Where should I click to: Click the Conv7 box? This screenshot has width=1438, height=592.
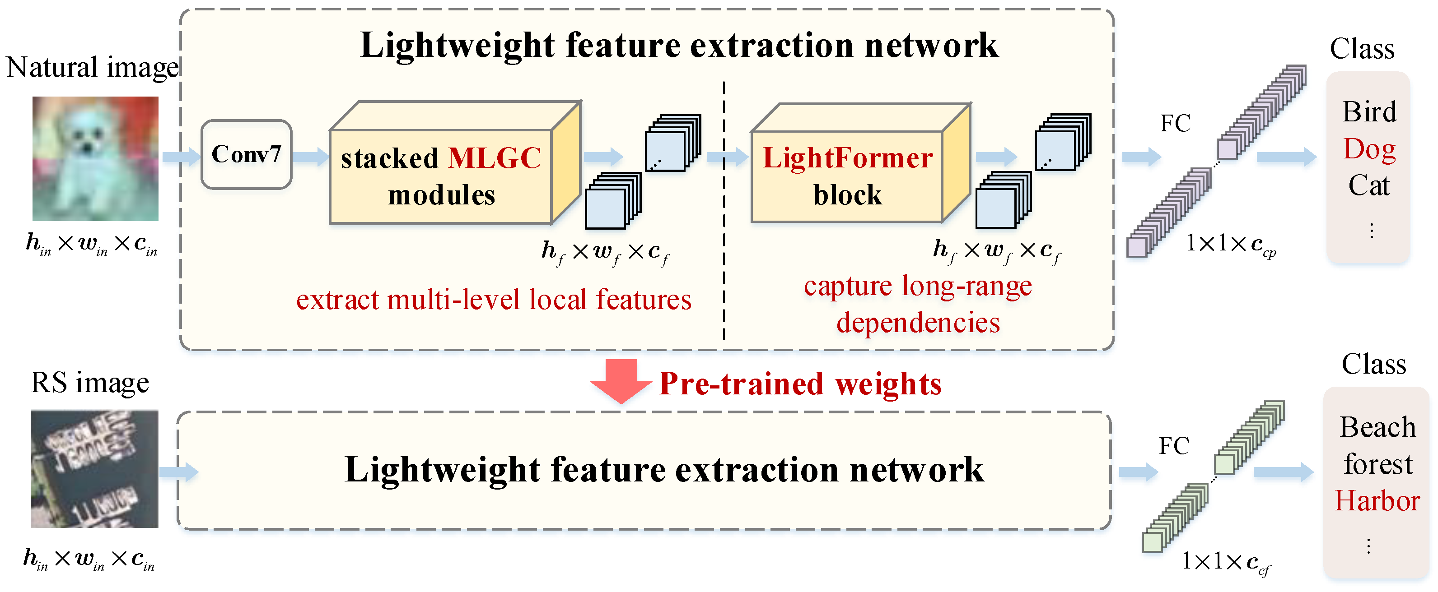(x=246, y=155)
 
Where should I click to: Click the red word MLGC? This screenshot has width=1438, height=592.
(x=494, y=158)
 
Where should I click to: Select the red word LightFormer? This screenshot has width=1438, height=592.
(x=847, y=158)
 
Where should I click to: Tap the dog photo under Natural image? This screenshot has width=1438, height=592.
(x=95, y=158)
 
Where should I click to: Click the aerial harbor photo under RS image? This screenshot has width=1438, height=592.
(x=94, y=469)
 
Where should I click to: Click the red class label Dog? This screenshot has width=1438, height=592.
(x=1369, y=149)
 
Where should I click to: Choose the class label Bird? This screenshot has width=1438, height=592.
(x=1369, y=112)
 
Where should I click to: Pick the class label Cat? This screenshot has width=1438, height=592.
(x=1369, y=185)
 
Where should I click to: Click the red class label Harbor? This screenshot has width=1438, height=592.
(x=1377, y=500)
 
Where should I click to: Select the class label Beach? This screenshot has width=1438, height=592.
(x=1377, y=427)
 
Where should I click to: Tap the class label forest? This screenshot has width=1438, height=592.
(x=1377, y=464)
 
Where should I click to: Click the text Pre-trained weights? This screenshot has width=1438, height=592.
(x=800, y=384)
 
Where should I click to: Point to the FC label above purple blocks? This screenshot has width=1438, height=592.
(x=1175, y=123)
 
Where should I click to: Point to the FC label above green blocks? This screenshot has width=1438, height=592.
(x=1174, y=446)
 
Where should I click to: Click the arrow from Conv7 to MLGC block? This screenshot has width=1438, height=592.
(x=310, y=156)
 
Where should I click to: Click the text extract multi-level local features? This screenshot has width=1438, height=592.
(x=494, y=300)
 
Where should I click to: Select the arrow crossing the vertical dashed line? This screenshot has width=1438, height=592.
(x=727, y=157)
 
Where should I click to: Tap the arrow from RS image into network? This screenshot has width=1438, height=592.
(x=179, y=472)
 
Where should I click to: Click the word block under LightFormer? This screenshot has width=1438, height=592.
(x=847, y=195)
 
